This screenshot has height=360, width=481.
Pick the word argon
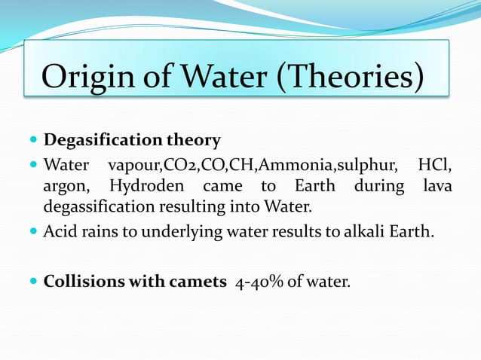pyautogui.click(x=64, y=186)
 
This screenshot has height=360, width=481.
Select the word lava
pyautogui.click(x=437, y=185)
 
